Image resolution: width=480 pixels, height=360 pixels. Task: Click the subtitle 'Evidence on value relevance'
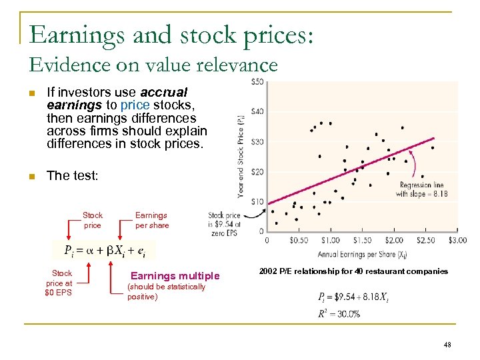click(153, 65)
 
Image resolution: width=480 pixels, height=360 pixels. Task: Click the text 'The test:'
click(72, 175)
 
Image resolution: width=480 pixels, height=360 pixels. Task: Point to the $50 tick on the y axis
click(257, 82)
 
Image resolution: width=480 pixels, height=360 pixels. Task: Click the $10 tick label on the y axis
click(257, 202)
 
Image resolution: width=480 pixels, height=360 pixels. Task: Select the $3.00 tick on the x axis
click(457, 240)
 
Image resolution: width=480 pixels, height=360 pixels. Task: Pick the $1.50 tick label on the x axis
click(362, 240)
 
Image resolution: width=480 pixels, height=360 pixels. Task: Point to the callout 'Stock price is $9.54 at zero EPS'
click(225, 225)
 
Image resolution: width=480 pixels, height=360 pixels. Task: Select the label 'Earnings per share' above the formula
click(152, 220)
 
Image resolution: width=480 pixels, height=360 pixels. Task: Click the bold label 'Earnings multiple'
click(175, 276)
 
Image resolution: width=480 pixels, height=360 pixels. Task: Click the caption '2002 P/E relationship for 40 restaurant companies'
click(353, 271)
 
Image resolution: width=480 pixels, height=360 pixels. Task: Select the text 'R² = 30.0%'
click(339, 313)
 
